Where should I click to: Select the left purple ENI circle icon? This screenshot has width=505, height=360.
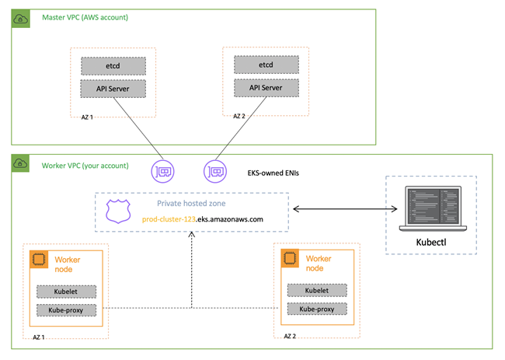165,170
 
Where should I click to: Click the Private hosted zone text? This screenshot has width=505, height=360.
190,204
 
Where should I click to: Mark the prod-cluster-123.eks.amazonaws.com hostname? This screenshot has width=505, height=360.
203,219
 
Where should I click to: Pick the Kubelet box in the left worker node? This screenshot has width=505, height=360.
66,292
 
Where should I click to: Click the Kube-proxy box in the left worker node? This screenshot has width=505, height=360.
66,311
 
